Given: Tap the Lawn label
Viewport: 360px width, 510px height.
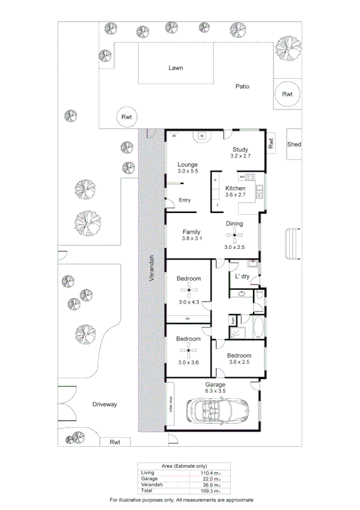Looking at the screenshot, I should [175, 68].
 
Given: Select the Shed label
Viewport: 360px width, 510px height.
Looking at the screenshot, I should [294, 144].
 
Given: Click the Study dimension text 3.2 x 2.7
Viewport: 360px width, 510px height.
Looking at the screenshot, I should [240, 156].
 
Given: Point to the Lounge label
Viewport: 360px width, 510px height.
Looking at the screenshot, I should [187, 164].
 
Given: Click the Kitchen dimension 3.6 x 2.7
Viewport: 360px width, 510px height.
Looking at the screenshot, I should [235, 195].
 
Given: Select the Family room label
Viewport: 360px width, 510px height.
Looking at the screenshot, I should [191, 232].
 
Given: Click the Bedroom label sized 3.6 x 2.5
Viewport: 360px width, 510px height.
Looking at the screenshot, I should [239, 355].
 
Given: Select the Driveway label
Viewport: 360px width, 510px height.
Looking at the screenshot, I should [104, 405].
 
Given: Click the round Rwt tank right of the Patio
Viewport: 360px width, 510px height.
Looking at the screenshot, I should [288, 94].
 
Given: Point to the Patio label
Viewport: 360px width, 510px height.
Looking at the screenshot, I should [242, 87].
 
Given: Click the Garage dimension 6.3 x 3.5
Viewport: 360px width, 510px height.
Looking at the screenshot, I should [215, 391].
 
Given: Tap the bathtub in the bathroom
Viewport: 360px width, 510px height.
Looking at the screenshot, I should [259, 329].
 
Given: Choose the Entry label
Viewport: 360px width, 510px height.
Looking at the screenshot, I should [184, 200].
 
